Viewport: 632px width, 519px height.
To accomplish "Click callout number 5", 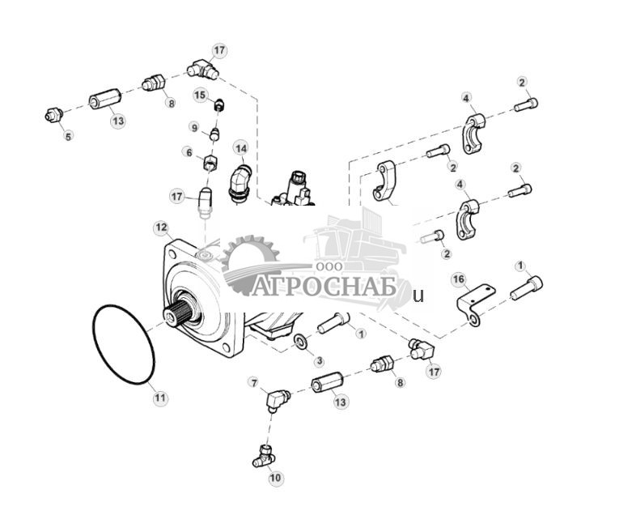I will pyautogui.click(x=68, y=137).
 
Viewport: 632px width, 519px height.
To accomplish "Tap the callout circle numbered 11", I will pyautogui.click(x=159, y=398).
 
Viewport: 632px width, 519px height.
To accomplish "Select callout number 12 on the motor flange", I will pyautogui.click(x=161, y=228).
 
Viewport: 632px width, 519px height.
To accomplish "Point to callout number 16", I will pyautogui.click(x=459, y=279).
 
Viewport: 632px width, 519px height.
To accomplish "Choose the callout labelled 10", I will pyautogui.click(x=275, y=479).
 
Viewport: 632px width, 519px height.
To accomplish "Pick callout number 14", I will pyautogui.click(x=240, y=148).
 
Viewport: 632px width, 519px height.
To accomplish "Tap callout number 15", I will pyautogui.click(x=201, y=96).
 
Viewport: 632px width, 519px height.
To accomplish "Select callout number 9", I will pyautogui.click(x=194, y=127).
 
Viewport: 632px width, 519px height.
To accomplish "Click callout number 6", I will pyautogui.click(x=189, y=152).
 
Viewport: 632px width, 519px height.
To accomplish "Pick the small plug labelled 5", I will pyautogui.click(x=53, y=117).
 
